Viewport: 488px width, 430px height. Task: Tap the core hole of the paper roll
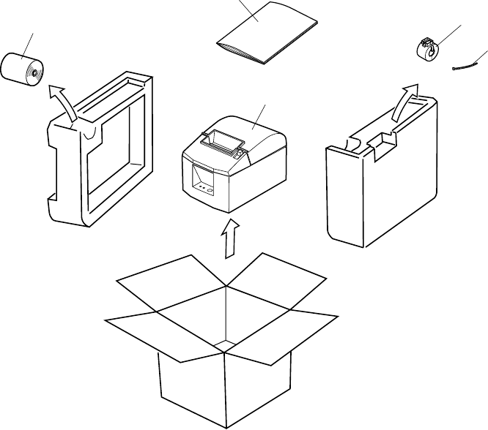(33, 71)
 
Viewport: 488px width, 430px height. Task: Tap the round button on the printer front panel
(210, 189)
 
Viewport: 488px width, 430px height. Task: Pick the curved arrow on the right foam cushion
(406, 102)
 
